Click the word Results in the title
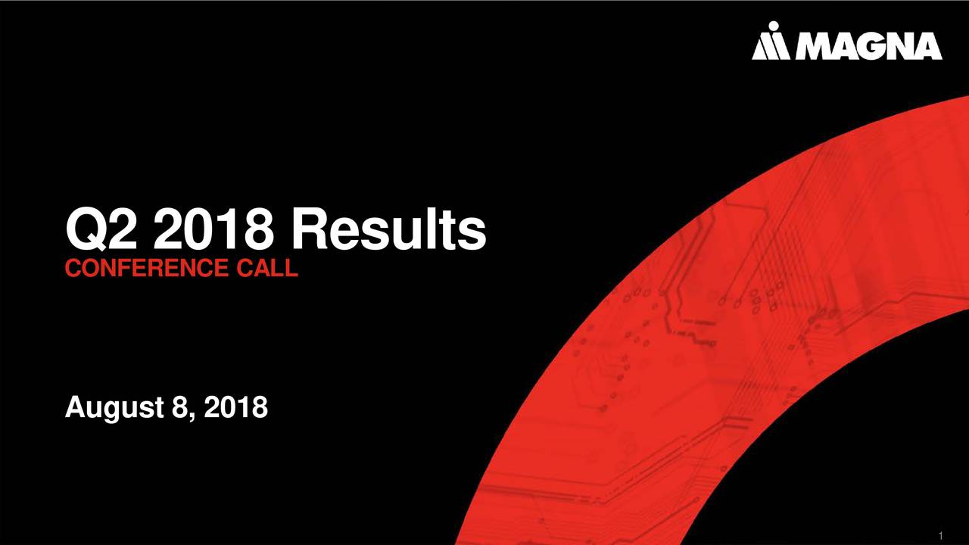[389, 229]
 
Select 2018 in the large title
[214, 229]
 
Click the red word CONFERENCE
[147, 267]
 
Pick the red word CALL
[267, 267]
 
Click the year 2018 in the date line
[235, 407]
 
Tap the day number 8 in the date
[179, 407]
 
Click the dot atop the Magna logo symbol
[774, 26]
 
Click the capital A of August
[75, 406]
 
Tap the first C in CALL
[245, 267]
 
